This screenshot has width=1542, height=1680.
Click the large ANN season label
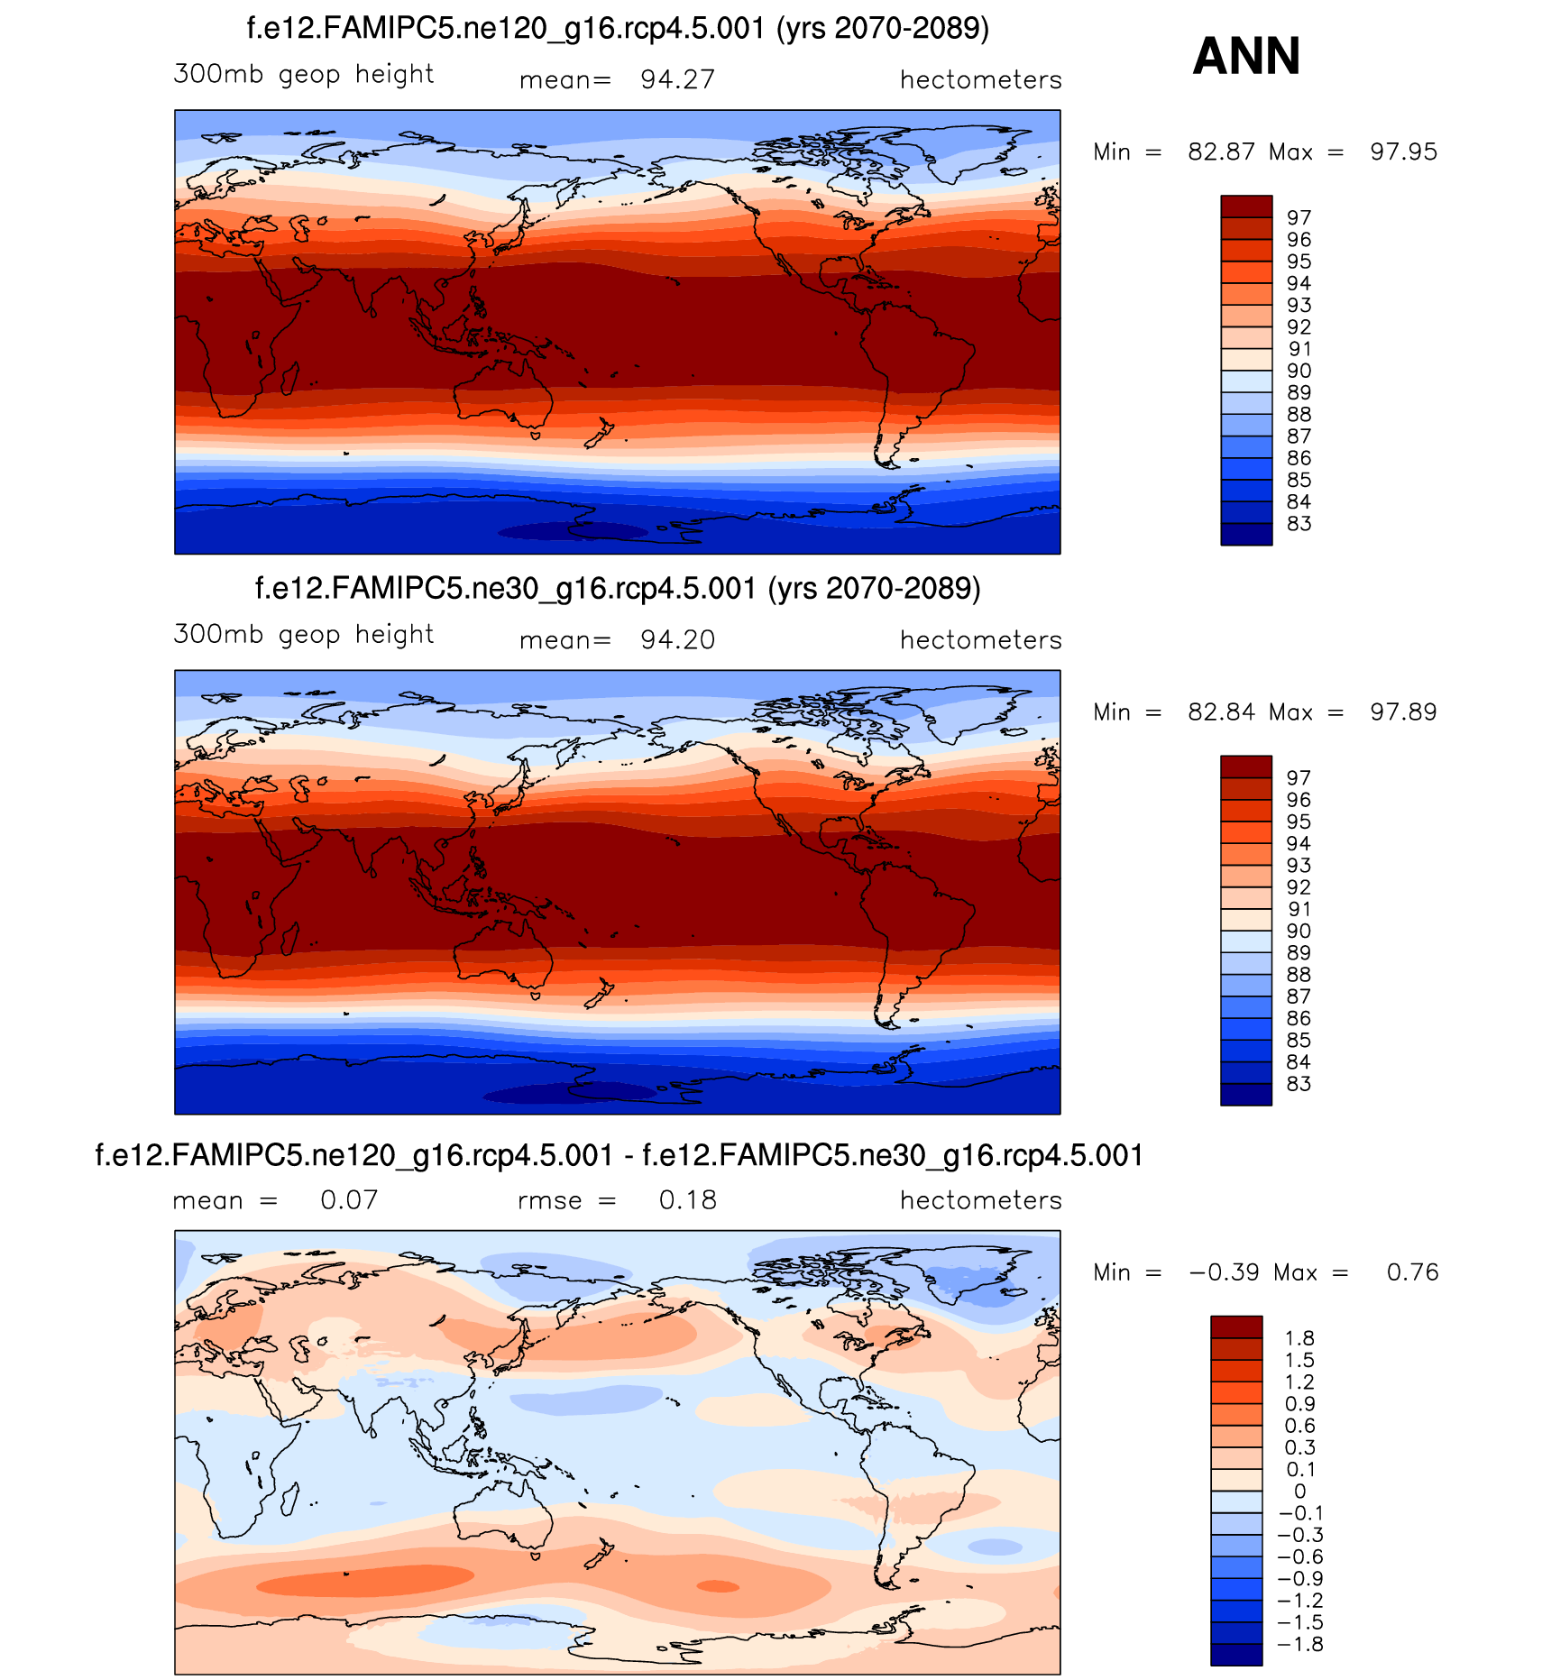(1246, 56)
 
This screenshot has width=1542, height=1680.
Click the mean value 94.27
(677, 80)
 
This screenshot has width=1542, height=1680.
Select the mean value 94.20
(677, 640)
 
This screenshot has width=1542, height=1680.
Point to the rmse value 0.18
(687, 1200)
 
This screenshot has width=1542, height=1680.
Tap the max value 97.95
(1403, 151)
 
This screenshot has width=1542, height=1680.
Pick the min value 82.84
(1221, 712)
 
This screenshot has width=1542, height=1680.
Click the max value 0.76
(1412, 1272)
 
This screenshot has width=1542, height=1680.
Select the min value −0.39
(1224, 1272)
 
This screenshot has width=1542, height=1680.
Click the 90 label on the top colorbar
(1299, 371)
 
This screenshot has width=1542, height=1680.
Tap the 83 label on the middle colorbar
(1299, 1084)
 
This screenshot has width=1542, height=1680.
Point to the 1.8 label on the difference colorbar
(1299, 1338)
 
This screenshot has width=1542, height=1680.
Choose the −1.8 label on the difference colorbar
(1299, 1644)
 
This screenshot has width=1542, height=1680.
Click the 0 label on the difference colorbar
(1299, 1492)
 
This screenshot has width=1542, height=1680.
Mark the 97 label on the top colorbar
(1299, 217)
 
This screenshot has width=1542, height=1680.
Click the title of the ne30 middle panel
(618, 589)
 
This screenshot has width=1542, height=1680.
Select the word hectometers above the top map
(980, 80)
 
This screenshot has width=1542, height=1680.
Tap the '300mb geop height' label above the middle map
(304, 635)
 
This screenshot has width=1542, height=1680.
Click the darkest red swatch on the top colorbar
(1246, 207)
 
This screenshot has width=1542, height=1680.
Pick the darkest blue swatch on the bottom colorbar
(1236, 1655)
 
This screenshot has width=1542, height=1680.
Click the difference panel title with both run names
(619, 1155)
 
